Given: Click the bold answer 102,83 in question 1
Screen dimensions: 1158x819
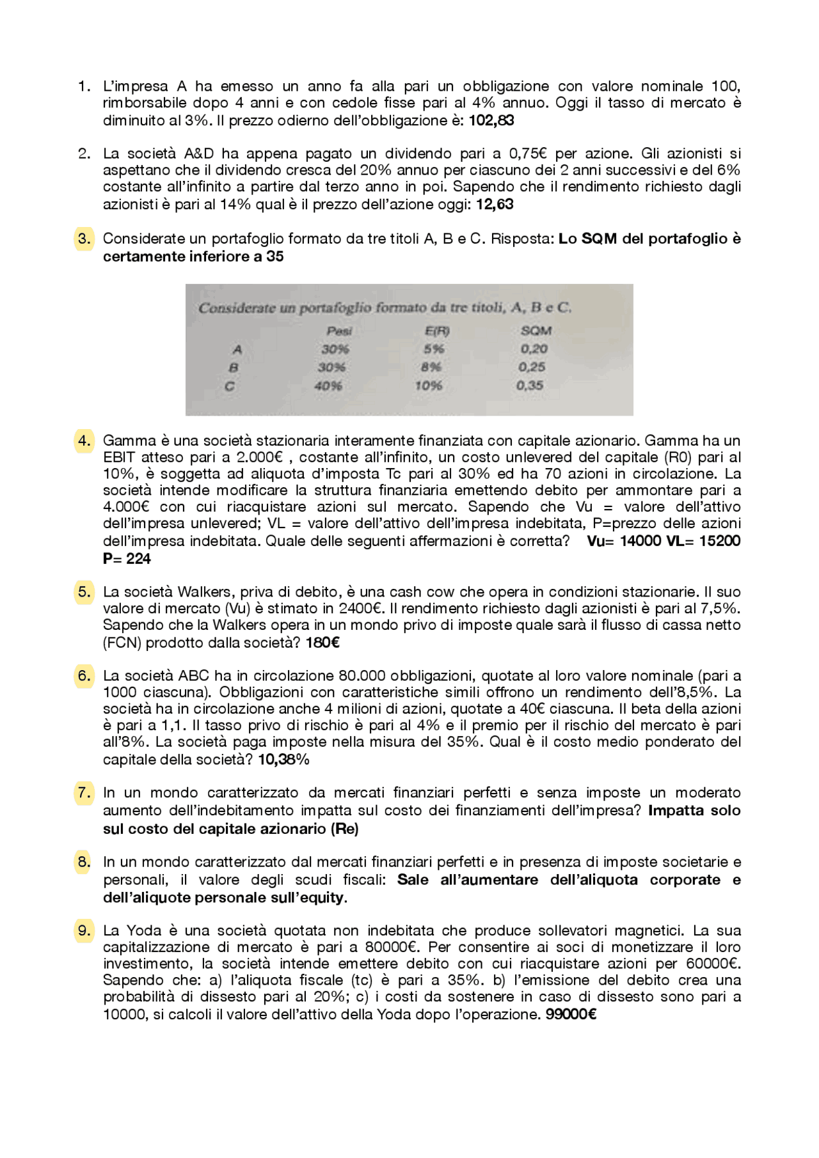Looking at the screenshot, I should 491,121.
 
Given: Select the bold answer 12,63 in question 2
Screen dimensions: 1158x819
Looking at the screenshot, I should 494,205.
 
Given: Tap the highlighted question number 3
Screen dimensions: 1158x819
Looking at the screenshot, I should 84,239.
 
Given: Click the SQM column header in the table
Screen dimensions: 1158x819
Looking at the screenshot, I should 536,331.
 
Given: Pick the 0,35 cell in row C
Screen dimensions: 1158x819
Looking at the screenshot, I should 530,386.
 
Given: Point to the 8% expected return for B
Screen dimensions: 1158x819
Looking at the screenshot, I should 431,368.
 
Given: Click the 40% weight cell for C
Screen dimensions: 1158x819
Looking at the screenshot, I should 328,386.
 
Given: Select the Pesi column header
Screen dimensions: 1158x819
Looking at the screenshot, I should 339,331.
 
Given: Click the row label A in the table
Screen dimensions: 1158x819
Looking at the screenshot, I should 237,350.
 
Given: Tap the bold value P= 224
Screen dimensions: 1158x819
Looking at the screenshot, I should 127,559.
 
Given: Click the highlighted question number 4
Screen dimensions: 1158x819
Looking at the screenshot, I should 84,441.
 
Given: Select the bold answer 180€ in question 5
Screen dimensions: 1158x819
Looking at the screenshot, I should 322,643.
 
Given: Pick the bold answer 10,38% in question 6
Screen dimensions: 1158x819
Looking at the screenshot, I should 283,760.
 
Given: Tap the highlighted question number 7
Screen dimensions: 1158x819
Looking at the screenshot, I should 84,793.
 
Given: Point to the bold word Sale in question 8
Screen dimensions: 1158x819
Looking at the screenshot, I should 413,880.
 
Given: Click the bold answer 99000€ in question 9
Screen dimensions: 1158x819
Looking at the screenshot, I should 571,1015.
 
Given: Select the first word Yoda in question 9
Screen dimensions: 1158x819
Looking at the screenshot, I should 143,931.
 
